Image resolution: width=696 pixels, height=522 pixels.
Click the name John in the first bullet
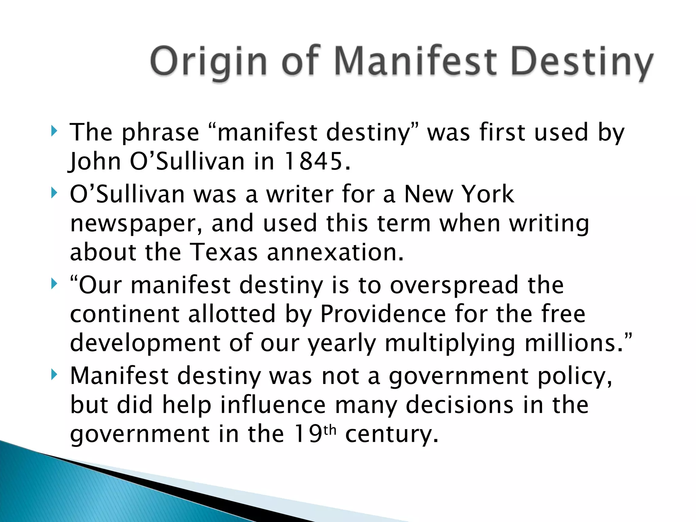pyautogui.click(x=95, y=161)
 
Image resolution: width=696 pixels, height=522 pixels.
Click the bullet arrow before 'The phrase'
pyautogui.click(x=54, y=131)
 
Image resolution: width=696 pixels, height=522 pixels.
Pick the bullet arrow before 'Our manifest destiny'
pyautogui.click(x=54, y=283)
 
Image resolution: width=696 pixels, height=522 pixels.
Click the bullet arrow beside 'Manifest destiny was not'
pyautogui.click(x=54, y=375)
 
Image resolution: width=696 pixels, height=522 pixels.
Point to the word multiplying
pyautogui.click(x=450, y=343)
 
